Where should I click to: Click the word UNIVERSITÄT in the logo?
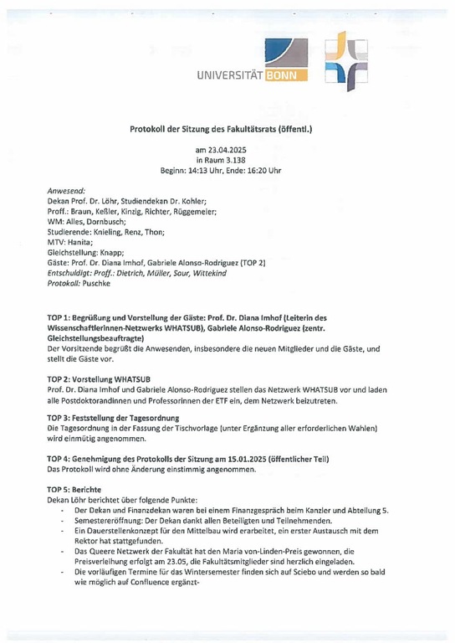228,77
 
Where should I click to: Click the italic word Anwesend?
66,191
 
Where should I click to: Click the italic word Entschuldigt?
73,272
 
